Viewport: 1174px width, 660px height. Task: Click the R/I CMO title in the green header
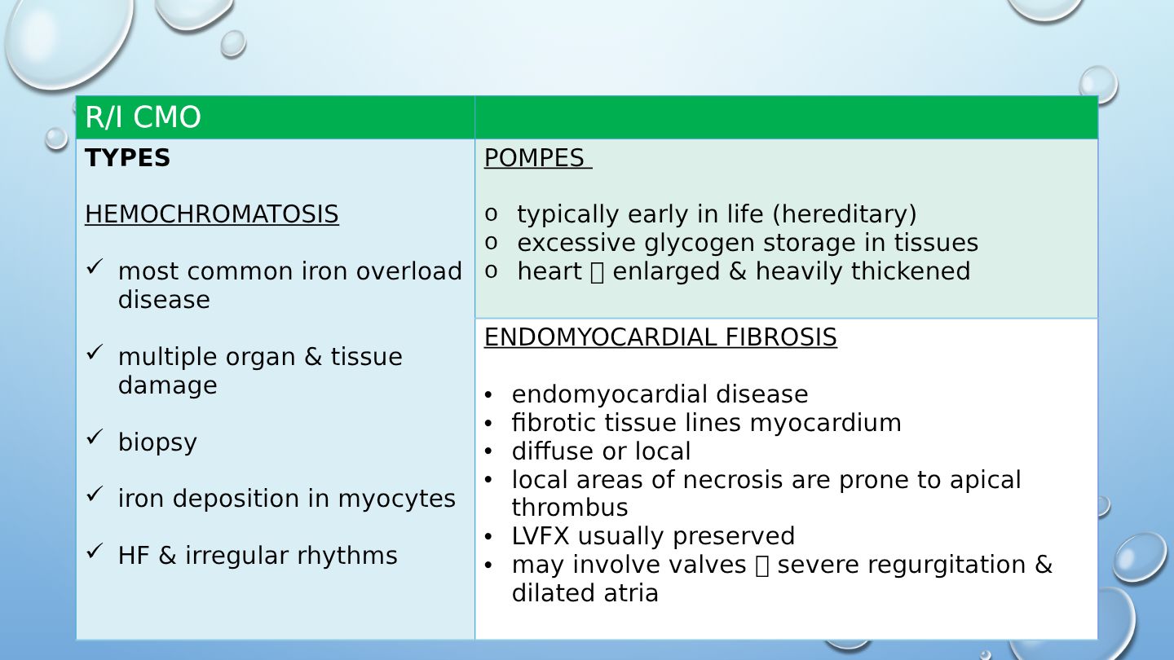point(143,117)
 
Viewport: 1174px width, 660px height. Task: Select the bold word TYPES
point(127,158)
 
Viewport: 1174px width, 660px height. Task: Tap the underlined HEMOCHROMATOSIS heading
point(212,214)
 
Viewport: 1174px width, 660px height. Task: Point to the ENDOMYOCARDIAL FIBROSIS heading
point(660,337)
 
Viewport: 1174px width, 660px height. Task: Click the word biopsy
point(157,442)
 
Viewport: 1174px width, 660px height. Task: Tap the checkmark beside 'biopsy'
point(95,437)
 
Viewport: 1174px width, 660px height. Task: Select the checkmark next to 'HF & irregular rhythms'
point(95,551)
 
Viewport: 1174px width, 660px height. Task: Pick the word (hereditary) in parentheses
point(845,214)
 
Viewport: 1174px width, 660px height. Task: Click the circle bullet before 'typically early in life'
point(491,214)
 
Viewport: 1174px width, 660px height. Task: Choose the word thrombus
point(570,508)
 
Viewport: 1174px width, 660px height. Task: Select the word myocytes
point(397,499)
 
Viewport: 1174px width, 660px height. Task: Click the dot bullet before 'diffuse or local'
point(488,452)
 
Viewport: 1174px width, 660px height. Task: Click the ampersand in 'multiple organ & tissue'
point(313,357)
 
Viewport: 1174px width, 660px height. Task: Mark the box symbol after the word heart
point(597,273)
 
